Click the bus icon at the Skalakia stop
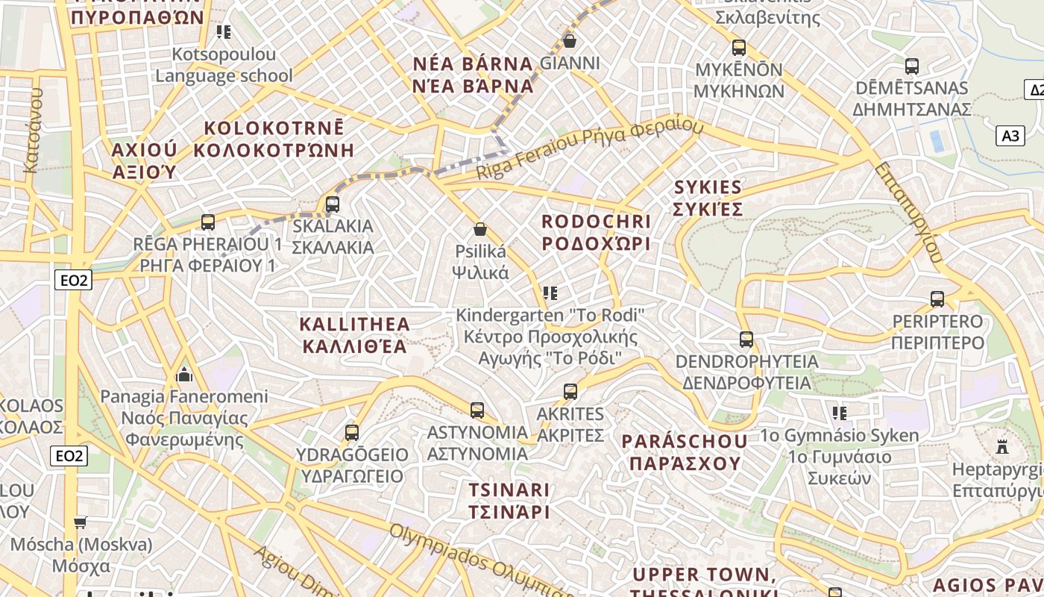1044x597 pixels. (333, 204)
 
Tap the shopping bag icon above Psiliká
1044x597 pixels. (480, 229)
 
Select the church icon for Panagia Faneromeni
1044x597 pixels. (183, 374)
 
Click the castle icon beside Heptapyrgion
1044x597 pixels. (1002, 447)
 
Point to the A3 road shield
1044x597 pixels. (1010, 136)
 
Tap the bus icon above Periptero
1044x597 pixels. (937, 299)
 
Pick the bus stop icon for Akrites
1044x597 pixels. (570, 391)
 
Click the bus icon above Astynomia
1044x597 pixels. (477, 410)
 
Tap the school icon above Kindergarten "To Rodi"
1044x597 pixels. (550, 293)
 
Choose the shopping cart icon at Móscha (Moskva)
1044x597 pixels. (81, 522)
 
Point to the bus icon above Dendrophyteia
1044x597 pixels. (746, 340)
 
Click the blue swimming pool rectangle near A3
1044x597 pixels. (937, 140)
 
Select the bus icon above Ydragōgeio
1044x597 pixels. (352, 432)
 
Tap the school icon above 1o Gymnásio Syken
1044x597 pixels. (840, 413)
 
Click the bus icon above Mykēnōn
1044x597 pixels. (739, 48)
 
